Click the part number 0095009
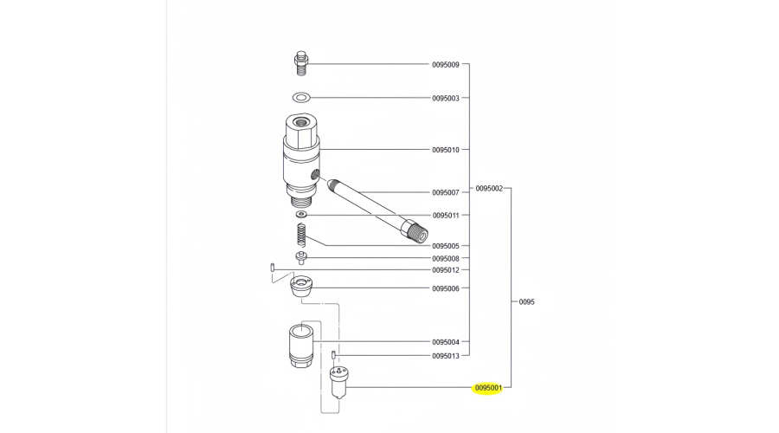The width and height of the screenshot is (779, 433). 446,65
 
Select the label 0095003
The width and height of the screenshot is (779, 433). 446,99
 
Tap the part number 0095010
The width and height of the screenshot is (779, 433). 446,150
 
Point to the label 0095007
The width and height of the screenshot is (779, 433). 446,192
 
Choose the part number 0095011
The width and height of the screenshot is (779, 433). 446,215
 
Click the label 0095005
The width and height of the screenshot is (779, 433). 446,246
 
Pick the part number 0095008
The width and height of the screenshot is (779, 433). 446,258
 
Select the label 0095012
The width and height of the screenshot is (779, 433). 446,270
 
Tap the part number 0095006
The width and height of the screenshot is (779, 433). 446,288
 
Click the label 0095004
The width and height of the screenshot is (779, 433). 446,342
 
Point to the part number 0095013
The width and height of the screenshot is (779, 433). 446,355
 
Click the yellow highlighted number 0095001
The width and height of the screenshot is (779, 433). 489,388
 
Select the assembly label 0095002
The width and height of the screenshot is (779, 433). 489,188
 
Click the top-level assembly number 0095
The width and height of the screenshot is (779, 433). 526,302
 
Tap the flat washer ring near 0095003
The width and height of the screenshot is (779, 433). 301,97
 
